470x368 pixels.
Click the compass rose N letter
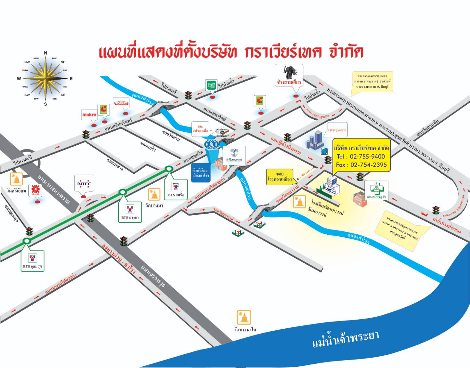(46, 53)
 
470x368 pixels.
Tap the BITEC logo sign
(85, 184)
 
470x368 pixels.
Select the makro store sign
(89, 115)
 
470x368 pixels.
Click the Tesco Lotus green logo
(212, 85)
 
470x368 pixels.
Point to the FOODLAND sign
(121, 103)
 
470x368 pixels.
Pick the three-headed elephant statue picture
(289, 73)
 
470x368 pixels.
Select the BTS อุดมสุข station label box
(33, 261)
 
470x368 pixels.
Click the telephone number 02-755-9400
(367, 157)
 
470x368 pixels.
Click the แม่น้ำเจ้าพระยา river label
(346, 339)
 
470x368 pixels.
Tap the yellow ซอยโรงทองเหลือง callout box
(280, 177)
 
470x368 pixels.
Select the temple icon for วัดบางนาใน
(244, 317)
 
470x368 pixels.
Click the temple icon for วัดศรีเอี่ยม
(16, 179)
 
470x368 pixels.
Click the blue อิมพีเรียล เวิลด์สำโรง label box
(201, 173)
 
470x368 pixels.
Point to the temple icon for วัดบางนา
(154, 194)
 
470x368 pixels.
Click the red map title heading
(231, 52)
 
